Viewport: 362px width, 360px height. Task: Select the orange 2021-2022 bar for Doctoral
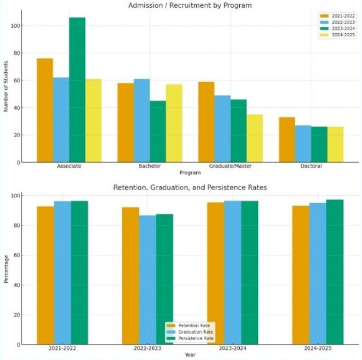pos(287,140)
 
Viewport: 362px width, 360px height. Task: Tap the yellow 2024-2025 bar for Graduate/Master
pos(254,138)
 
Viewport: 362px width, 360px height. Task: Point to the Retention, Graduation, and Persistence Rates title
pos(190,188)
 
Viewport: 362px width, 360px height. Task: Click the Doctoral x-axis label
pos(311,166)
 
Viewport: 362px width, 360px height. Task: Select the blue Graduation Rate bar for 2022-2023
pos(147,280)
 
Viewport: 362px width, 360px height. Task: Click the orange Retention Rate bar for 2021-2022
pos(45,275)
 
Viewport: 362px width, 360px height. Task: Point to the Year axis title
pos(190,355)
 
